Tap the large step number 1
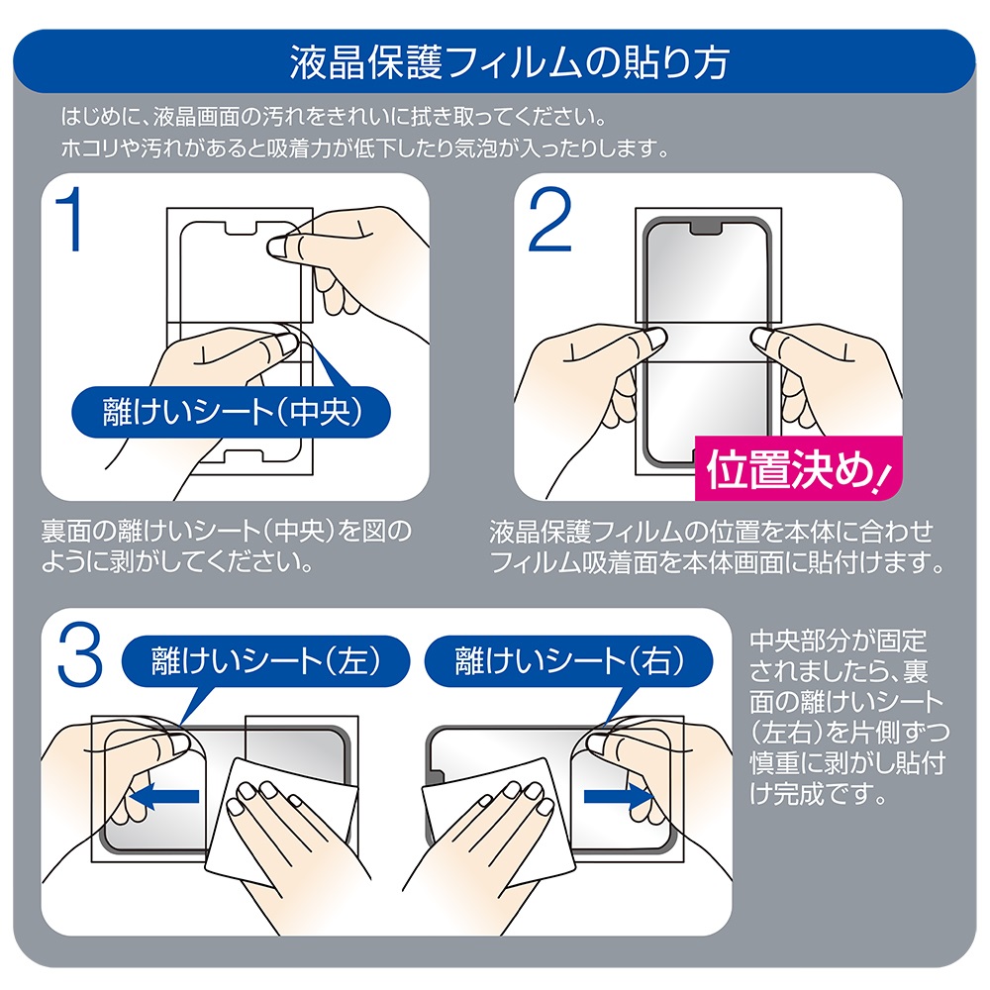pos(70,219)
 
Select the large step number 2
pos(549,219)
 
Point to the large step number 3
pos(79,654)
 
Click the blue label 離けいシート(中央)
pos(231,412)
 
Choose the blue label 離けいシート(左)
pos(265,661)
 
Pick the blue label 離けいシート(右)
pos(569,661)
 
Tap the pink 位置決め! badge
pos(798,468)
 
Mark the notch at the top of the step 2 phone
pos(707,227)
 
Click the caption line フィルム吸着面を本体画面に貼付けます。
pos(717,562)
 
